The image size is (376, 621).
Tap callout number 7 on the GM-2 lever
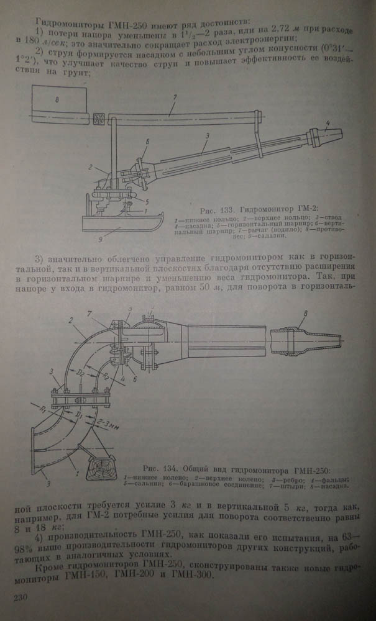pos(176,97)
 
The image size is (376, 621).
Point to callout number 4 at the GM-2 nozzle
pos(327,122)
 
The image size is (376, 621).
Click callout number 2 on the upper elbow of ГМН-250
pos(71,321)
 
